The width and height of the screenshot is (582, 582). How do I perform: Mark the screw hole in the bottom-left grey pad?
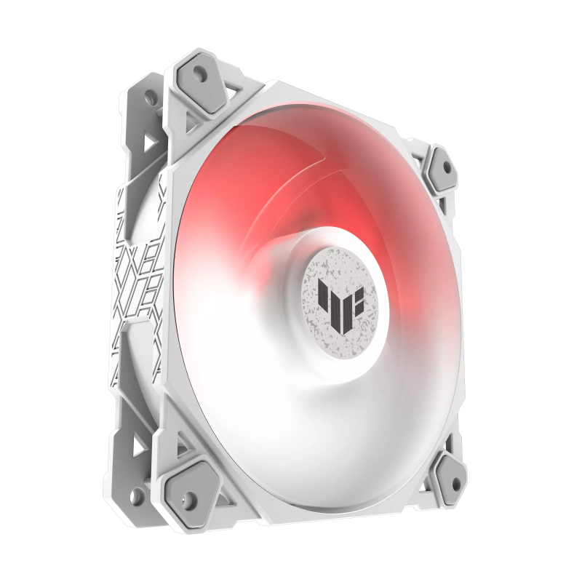190,498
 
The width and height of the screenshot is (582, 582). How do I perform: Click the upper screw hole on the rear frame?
151,97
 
